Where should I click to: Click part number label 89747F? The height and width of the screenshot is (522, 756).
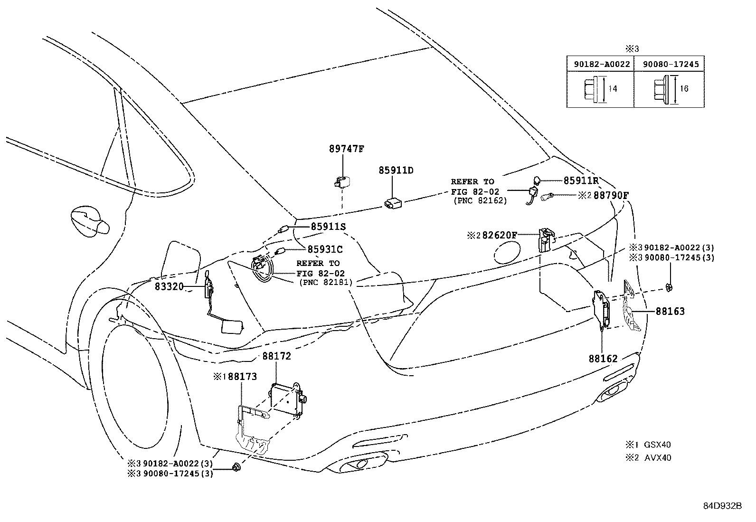pos(346,149)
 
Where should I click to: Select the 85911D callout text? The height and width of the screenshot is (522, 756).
pos(396,170)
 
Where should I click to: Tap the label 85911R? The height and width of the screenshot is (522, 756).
pos(581,181)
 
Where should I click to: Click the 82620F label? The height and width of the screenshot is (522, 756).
pos(500,235)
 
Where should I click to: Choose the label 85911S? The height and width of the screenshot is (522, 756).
pos(328,227)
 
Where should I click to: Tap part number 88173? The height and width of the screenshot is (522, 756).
pos(242,377)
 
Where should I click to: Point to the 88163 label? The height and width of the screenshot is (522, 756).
pos(670,312)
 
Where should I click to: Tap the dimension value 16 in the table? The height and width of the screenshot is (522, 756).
pos(684,89)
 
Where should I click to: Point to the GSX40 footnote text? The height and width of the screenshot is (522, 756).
pos(657,445)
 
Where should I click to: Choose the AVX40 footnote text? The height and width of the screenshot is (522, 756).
pos(658,458)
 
